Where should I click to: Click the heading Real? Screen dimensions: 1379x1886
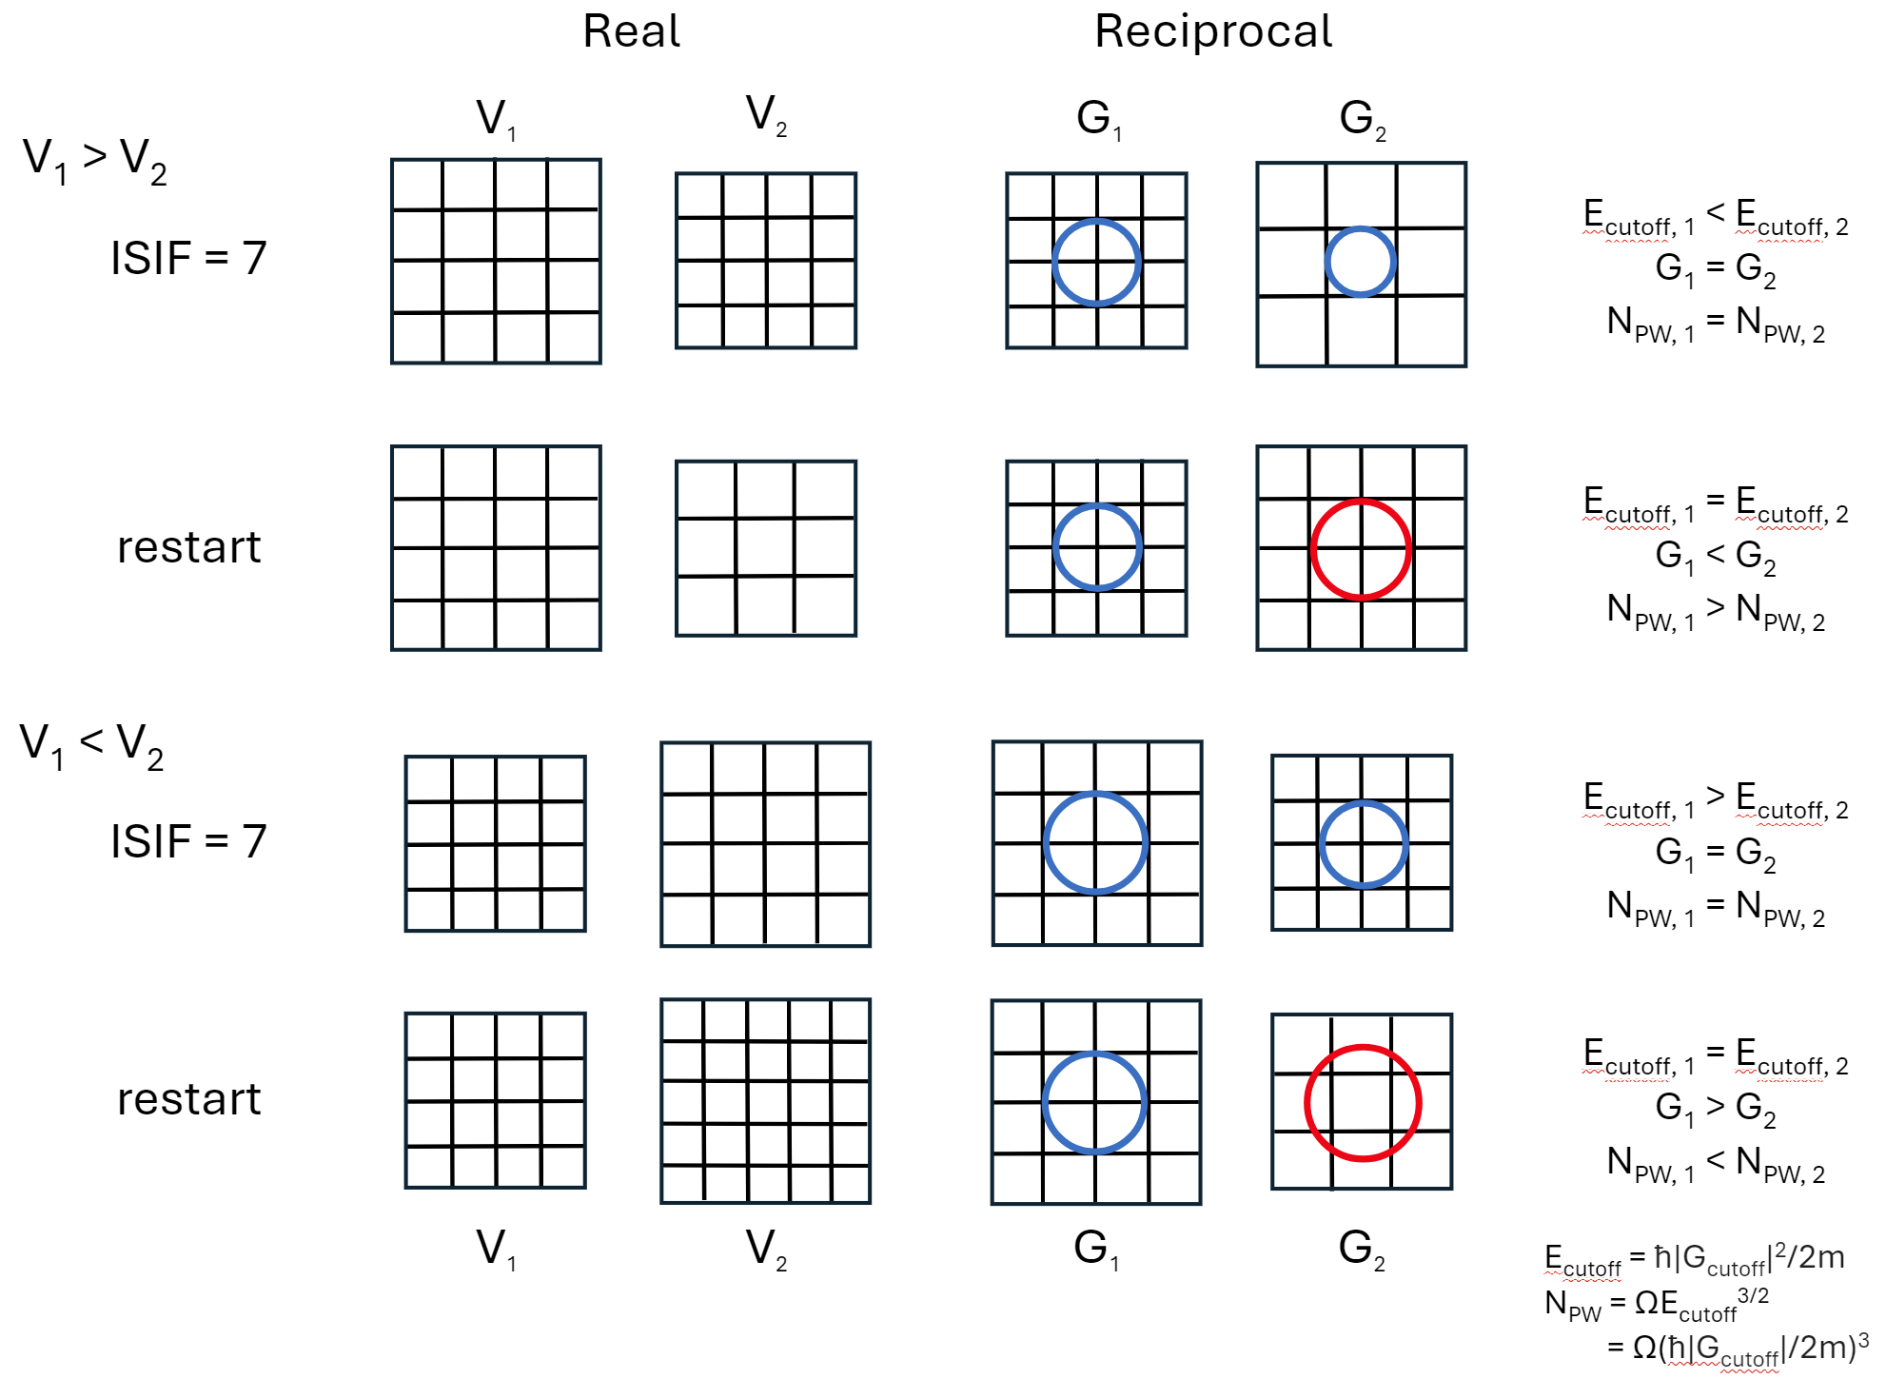pyautogui.click(x=631, y=31)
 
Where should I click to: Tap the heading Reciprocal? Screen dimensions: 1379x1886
pyautogui.click(x=1213, y=31)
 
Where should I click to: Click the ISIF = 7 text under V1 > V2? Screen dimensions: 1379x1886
pyautogui.click(x=188, y=258)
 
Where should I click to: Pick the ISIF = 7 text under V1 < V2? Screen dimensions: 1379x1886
pyautogui.click(x=188, y=841)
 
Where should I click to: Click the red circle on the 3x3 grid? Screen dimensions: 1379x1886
pyautogui.click(x=1363, y=1103)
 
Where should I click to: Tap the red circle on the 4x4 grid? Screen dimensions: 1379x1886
pyautogui.click(x=1361, y=549)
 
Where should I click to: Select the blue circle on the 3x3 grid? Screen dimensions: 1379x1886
pyautogui.click(x=1360, y=262)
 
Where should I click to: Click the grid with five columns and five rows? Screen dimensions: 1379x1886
pyautogui.click(x=765, y=1101)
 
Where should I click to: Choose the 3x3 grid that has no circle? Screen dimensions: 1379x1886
pyautogui.click(x=765, y=548)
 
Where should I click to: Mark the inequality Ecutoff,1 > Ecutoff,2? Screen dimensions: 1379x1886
pyautogui.click(x=1715, y=800)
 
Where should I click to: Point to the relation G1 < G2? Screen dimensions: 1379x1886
pyautogui.click(x=1715, y=556)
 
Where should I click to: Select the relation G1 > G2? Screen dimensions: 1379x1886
pyautogui.click(x=1715, y=1108)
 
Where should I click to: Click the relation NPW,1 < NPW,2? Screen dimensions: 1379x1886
pyautogui.click(x=1715, y=1164)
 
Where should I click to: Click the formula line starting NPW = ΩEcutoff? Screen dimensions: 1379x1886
pyautogui.click(x=1656, y=1303)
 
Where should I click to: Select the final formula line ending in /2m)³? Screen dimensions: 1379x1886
pyautogui.click(x=1737, y=1348)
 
